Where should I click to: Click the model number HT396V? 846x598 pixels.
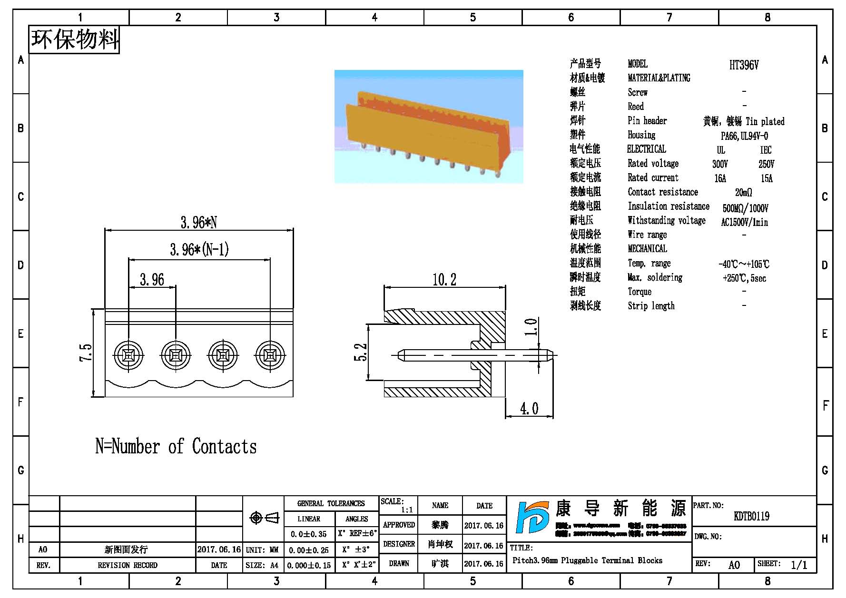pyautogui.click(x=744, y=65)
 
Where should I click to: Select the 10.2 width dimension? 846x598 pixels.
pyautogui.click(x=444, y=279)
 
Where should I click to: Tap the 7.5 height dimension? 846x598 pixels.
pyautogui.click(x=86, y=353)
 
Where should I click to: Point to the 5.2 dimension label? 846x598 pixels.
pyautogui.click(x=361, y=353)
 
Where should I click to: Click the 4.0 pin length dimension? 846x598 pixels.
pyautogui.click(x=529, y=409)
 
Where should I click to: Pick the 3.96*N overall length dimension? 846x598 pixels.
pyautogui.click(x=198, y=222)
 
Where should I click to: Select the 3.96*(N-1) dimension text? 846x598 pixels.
pyautogui.click(x=199, y=249)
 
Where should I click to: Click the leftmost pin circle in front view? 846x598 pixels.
pyautogui.click(x=128, y=355)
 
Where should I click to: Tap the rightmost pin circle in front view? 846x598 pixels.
pyautogui.click(x=270, y=355)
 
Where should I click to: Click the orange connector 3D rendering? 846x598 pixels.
pyautogui.click(x=428, y=127)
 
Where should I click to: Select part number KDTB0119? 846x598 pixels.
pyautogui.click(x=751, y=516)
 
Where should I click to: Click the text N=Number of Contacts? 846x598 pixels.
pyautogui.click(x=176, y=447)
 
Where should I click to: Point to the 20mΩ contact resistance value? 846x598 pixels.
pyautogui.click(x=743, y=193)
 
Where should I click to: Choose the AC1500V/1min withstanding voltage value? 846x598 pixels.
pyautogui.click(x=744, y=222)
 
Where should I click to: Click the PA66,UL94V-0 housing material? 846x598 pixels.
pyautogui.click(x=744, y=136)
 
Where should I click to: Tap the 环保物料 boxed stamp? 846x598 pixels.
pyautogui.click(x=74, y=39)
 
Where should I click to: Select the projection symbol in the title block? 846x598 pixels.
pyautogui.click(x=264, y=518)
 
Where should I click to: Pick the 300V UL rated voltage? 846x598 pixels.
pyautogui.click(x=720, y=164)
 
